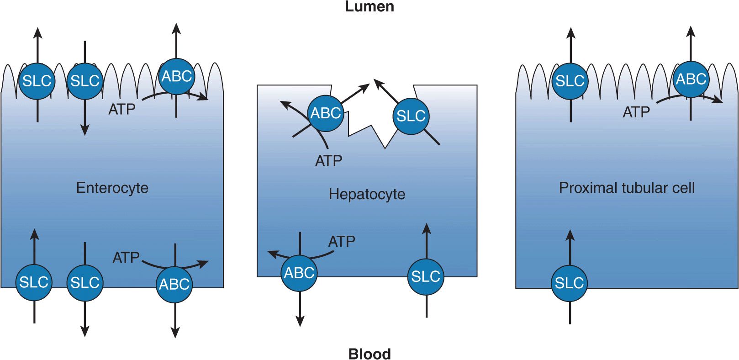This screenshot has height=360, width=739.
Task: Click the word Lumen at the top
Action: [369, 7]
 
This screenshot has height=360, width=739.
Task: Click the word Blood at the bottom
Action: [369, 354]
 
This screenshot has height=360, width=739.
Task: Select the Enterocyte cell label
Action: [112, 188]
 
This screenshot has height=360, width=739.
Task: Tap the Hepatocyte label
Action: [367, 194]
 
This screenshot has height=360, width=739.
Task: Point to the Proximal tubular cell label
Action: [627, 188]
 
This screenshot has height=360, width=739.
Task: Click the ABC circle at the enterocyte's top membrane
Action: [177, 77]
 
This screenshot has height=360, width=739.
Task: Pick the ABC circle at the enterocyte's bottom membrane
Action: [174, 284]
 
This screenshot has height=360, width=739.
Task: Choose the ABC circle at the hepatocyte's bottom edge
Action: [299, 273]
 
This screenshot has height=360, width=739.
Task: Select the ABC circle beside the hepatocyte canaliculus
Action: [326, 113]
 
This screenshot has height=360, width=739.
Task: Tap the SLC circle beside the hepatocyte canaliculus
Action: [411, 116]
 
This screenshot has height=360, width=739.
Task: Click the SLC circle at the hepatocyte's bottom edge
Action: [426, 276]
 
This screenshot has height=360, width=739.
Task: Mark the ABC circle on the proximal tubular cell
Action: [691, 79]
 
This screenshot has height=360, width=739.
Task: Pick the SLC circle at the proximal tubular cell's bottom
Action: [569, 283]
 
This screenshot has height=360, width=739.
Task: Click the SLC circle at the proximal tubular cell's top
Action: [570, 81]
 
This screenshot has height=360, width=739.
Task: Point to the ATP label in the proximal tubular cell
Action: [636, 112]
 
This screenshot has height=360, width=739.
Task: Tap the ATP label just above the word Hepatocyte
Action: [328, 161]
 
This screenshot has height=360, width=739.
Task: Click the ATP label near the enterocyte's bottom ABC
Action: [126, 258]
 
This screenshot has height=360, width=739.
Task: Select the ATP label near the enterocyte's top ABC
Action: [122, 109]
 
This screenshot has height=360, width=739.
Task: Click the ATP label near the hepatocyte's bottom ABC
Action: [342, 241]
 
